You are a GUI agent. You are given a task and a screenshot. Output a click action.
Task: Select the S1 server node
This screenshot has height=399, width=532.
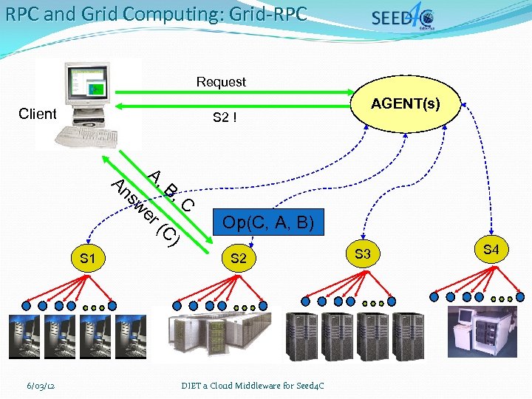click(88, 259)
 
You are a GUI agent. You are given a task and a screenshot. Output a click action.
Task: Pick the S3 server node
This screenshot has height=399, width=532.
click(363, 254)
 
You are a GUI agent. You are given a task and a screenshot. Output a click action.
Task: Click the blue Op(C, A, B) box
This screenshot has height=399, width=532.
click(268, 222)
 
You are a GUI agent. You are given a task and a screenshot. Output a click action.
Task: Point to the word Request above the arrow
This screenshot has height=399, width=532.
click(221, 82)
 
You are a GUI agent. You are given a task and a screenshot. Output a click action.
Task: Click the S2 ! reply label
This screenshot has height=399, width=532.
click(225, 117)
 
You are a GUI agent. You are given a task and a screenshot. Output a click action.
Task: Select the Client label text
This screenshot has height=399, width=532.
click(38, 114)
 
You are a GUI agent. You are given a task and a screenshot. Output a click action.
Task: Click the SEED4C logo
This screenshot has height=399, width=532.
click(403, 18)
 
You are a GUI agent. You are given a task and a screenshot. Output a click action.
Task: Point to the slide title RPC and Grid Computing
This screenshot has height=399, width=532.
click(156, 14)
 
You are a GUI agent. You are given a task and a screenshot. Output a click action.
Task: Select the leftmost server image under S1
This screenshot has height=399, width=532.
click(24, 336)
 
